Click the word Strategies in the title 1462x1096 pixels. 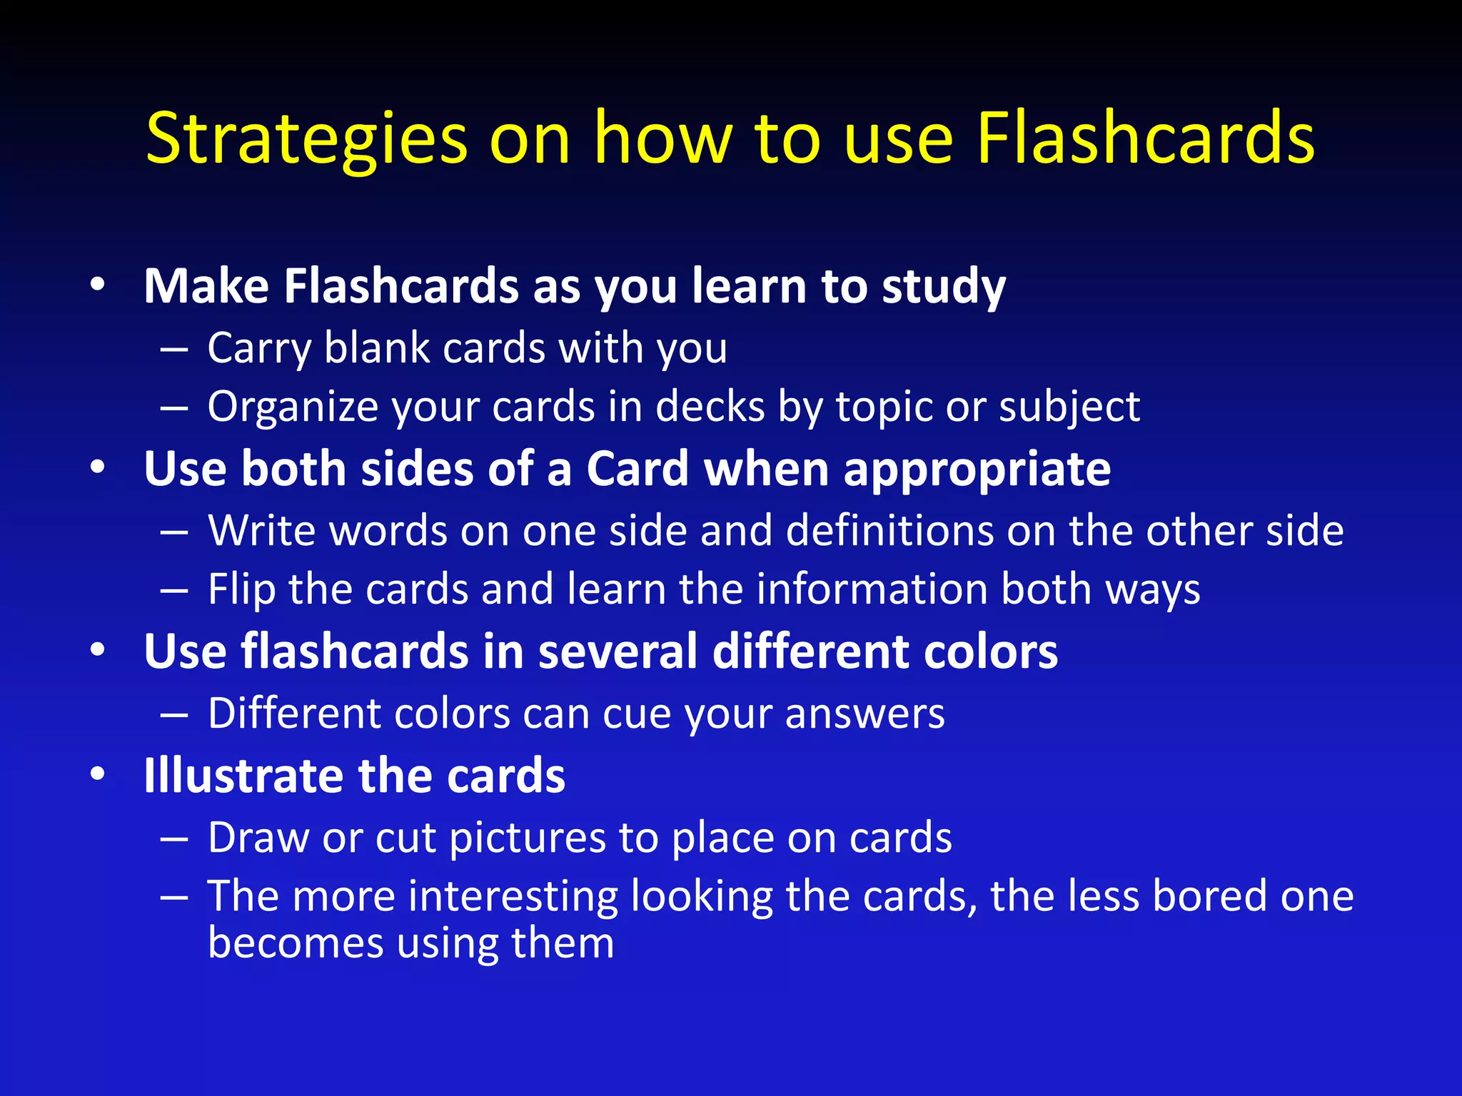point(307,139)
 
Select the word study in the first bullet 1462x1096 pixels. point(943,287)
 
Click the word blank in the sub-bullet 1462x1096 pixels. point(377,348)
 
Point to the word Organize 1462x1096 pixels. point(297,407)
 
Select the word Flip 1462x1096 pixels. point(241,590)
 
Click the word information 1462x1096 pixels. point(871,589)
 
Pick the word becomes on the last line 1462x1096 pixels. point(295,943)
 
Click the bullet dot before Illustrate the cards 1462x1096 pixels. point(98,773)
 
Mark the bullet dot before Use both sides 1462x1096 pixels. point(98,467)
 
